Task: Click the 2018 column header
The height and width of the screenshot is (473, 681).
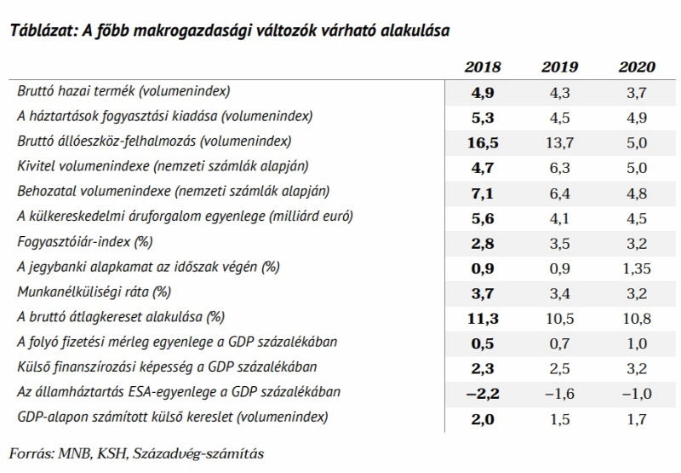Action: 483,67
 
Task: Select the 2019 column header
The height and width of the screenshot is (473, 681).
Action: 559,67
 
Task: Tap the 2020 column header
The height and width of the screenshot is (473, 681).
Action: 637,67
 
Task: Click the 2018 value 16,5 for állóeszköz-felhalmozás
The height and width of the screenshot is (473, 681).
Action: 483,142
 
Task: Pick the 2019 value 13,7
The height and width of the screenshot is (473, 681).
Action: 559,142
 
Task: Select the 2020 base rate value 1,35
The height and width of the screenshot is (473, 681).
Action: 637,268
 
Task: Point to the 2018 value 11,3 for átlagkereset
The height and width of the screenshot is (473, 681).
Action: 483,319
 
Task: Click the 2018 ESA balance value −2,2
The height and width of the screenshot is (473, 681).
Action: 483,394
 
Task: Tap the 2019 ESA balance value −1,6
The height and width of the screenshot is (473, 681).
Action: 559,394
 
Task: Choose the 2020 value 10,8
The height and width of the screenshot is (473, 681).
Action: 637,319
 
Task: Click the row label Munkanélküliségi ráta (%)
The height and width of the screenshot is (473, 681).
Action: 94,291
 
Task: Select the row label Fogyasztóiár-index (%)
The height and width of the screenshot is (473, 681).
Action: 84,242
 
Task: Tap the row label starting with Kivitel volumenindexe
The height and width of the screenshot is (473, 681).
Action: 163,166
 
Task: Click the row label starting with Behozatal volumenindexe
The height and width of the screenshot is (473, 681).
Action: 174,191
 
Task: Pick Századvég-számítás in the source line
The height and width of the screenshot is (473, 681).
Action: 198,454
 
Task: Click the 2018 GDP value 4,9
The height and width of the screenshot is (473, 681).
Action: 483,93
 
